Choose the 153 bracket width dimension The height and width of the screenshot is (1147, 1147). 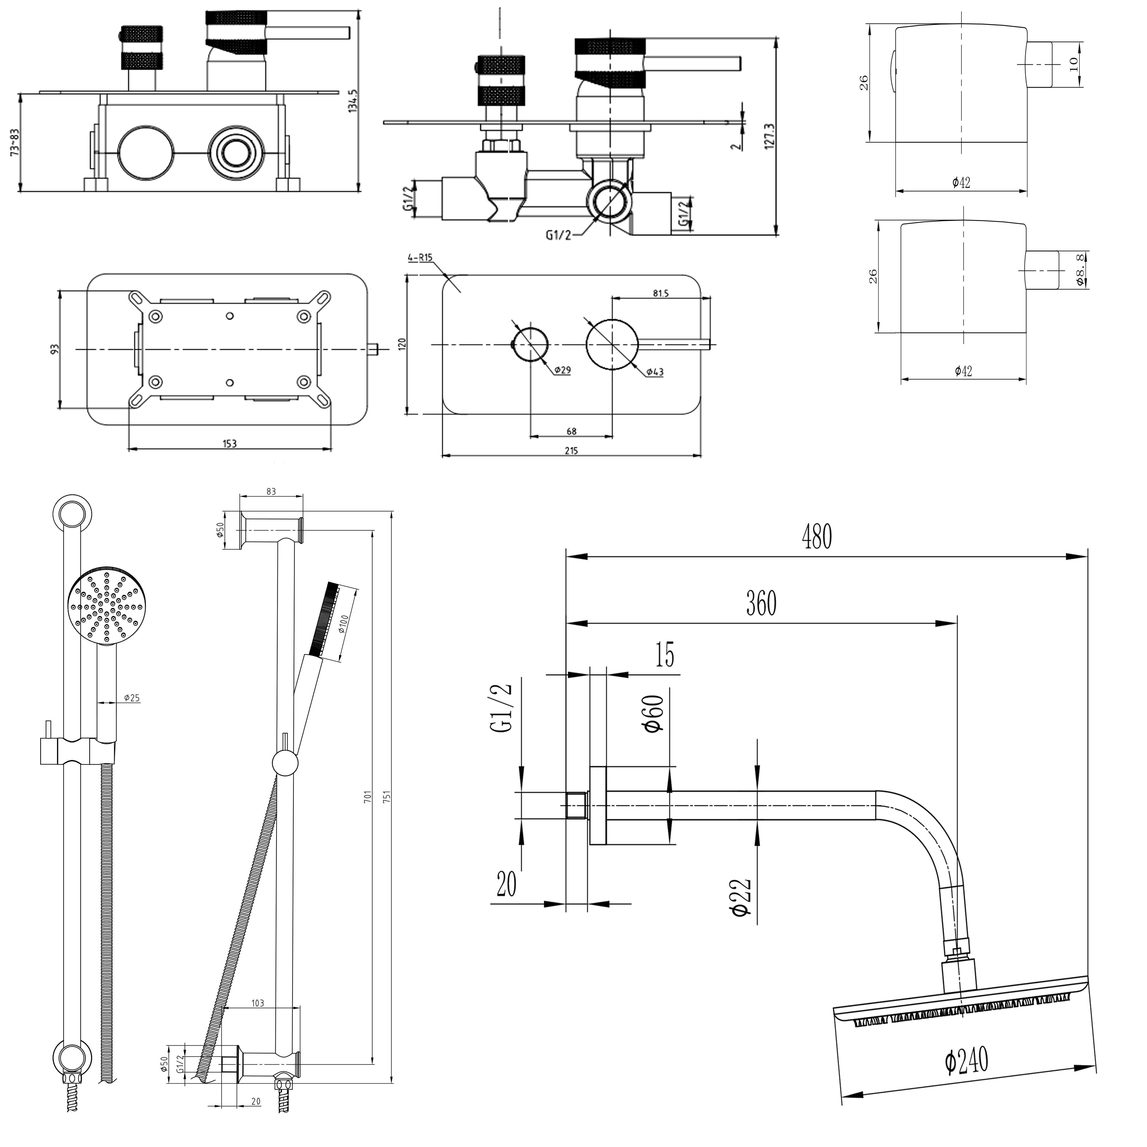tap(230, 444)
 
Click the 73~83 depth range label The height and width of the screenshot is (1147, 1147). tap(15, 143)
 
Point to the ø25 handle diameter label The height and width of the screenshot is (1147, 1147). tap(132, 698)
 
